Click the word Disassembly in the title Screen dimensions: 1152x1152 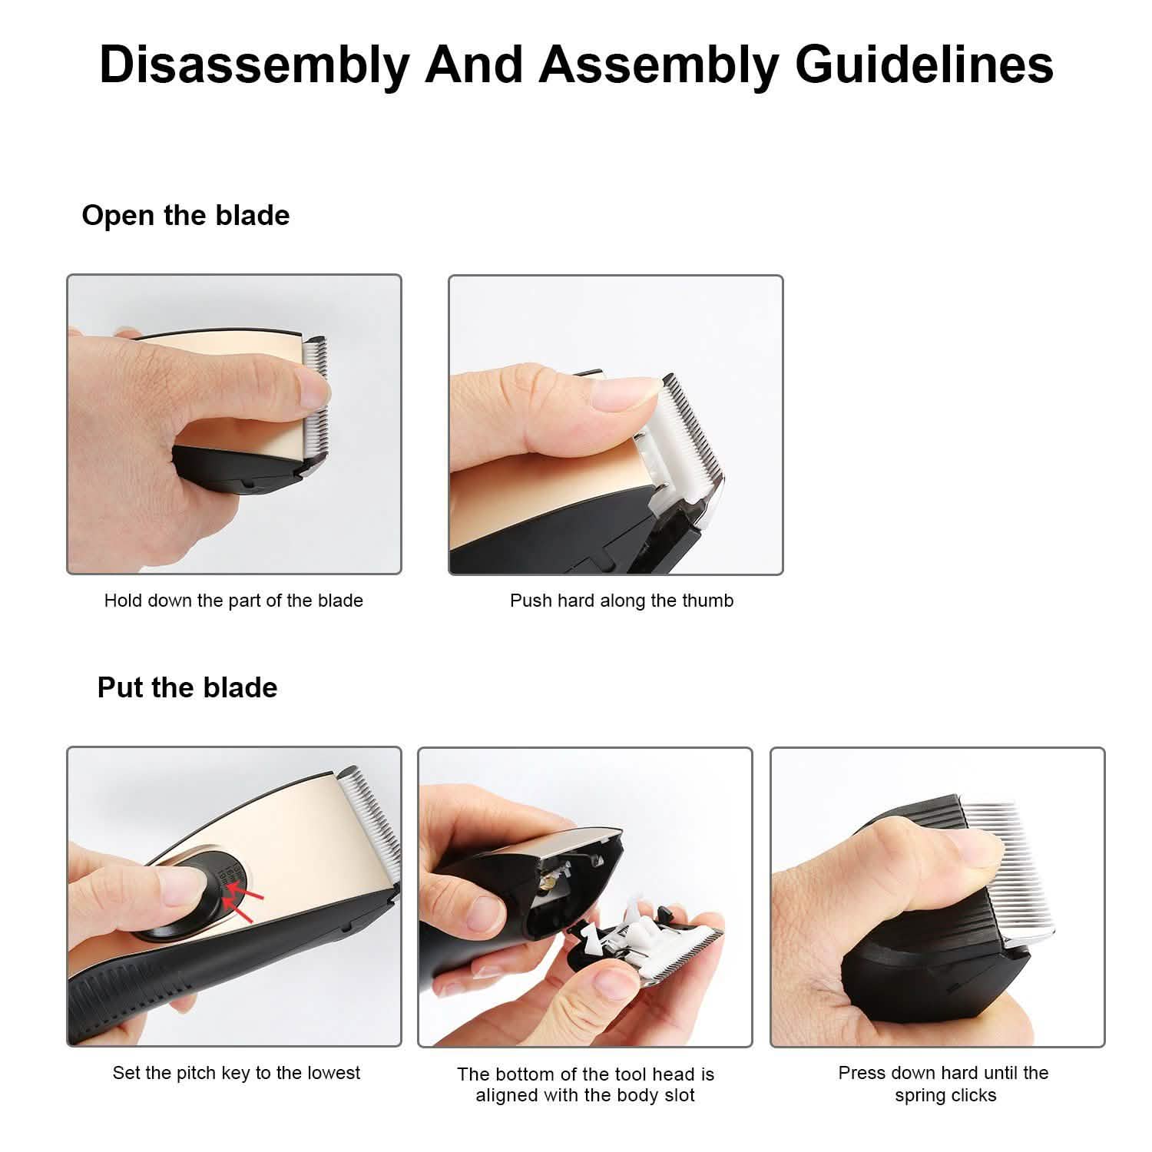pyautogui.click(x=255, y=65)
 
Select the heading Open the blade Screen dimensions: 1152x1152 pyautogui.click(x=186, y=215)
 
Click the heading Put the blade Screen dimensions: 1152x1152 pyautogui.click(x=187, y=687)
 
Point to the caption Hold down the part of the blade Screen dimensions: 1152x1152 pyautogui.click(x=233, y=601)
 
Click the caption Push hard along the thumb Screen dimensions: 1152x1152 pyautogui.click(x=622, y=601)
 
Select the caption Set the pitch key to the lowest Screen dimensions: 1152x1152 pyautogui.click(x=237, y=1073)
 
